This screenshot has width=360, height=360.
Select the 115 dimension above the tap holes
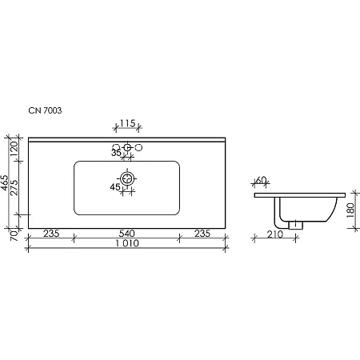[x=126, y=123]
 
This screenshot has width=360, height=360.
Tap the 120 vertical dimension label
[x=14, y=150]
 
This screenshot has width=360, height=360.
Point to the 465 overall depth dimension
[x=6, y=186]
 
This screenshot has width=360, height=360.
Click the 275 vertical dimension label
[x=14, y=194]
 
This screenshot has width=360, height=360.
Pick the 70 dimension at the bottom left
[x=14, y=236]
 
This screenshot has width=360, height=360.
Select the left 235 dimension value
[x=50, y=234]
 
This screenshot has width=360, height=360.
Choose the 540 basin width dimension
[x=126, y=234]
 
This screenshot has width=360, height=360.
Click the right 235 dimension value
[x=202, y=234]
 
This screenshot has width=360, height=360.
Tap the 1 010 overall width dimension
[x=126, y=245]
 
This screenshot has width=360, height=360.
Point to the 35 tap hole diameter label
[x=116, y=152]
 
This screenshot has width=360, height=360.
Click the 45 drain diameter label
[x=116, y=187]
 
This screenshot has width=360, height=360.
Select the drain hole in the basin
[x=126, y=178]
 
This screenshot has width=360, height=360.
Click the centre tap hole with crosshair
[x=126, y=147]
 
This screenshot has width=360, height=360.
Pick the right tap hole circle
[x=138, y=147]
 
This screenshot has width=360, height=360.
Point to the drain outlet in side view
[x=297, y=225]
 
